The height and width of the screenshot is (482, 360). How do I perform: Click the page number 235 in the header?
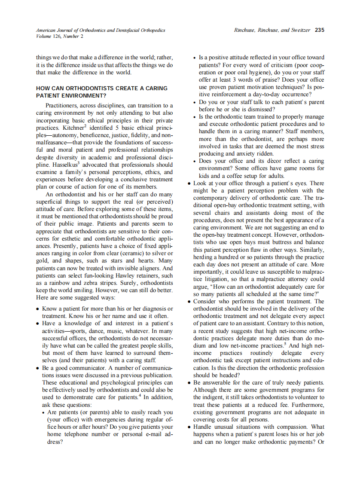click(x=319, y=30)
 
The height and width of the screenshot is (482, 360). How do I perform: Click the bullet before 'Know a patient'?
click(x=38, y=309)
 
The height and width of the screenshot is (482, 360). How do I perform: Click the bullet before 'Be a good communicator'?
click(x=38, y=369)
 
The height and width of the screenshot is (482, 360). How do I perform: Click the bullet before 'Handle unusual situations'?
click(x=189, y=427)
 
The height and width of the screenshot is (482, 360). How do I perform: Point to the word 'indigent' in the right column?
click(x=207, y=397)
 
